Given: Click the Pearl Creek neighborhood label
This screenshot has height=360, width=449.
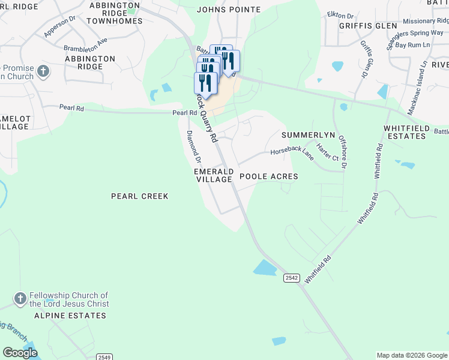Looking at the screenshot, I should click(x=140, y=196).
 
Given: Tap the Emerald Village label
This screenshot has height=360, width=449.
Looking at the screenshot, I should click(x=213, y=175).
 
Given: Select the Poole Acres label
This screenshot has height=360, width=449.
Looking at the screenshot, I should click(x=268, y=177).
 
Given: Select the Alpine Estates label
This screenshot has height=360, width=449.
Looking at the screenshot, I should click(x=66, y=315).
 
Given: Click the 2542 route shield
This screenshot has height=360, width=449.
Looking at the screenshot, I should click(x=292, y=277).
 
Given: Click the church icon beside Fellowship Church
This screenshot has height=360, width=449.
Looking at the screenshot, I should click(x=20, y=299).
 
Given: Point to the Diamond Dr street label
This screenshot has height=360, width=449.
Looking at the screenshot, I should click(x=193, y=146).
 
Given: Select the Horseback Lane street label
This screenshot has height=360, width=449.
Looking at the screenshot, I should click(x=292, y=153).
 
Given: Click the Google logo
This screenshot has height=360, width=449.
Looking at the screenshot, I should click(x=20, y=353).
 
